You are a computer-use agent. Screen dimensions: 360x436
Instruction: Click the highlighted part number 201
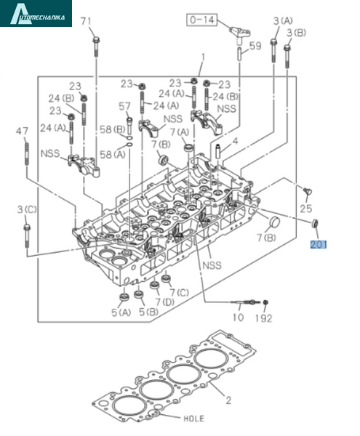point(319,245)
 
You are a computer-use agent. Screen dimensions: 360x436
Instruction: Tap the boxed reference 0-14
point(202,20)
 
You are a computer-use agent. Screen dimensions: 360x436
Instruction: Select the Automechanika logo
point(36,13)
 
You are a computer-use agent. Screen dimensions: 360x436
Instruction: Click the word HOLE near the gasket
point(193,419)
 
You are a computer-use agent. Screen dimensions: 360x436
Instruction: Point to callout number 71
point(86,21)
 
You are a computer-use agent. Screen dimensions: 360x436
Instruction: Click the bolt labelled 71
point(96,47)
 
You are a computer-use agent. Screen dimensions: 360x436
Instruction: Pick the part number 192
point(263,318)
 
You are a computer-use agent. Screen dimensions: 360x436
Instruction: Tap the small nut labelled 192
point(265,302)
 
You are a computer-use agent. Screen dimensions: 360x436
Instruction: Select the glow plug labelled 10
point(245,302)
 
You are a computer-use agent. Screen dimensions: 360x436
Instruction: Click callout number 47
point(22,131)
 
